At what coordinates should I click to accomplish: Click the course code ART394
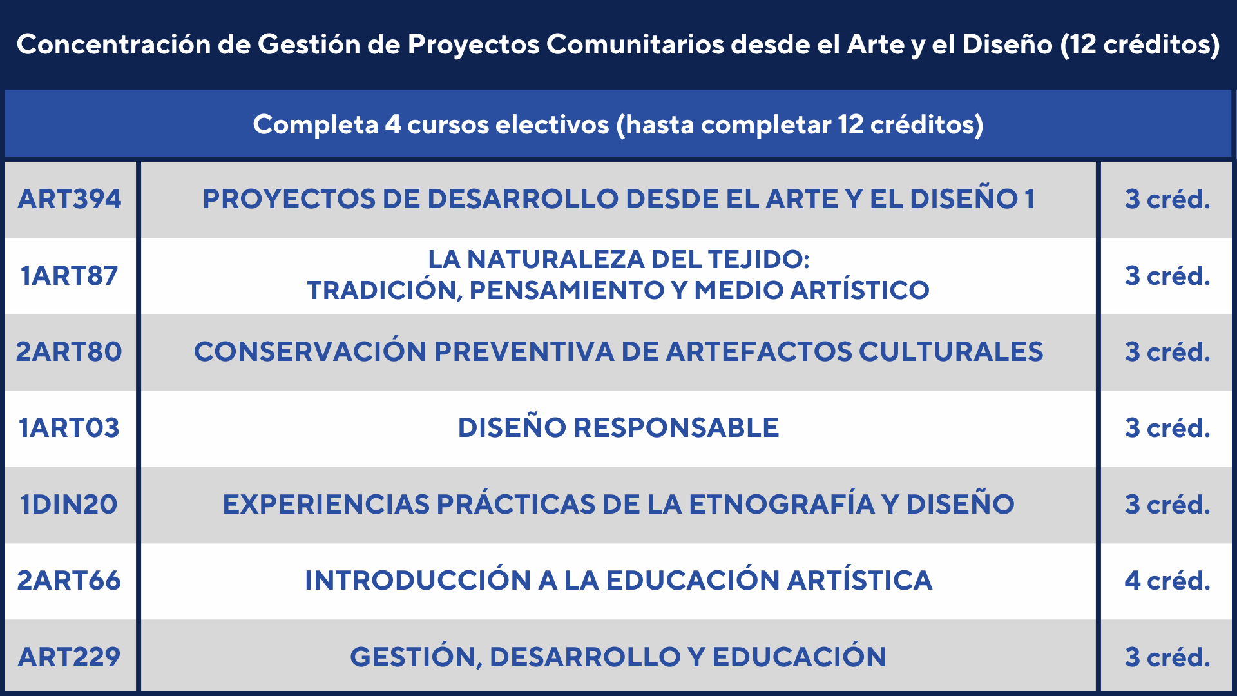[70, 199]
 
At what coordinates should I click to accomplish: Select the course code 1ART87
[70, 276]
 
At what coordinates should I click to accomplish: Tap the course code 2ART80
[69, 352]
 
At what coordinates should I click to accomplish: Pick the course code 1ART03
[70, 428]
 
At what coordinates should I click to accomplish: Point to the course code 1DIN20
[69, 505]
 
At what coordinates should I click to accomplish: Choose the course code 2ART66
[69, 581]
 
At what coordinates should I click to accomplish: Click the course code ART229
[70, 657]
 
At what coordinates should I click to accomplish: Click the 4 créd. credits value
[1167, 581]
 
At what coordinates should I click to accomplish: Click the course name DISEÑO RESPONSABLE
[618, 428]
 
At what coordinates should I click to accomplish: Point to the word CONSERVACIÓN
[310, 351]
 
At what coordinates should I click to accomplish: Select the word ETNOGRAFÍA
[782, 504]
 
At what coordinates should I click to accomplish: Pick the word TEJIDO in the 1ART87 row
[758, 260]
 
